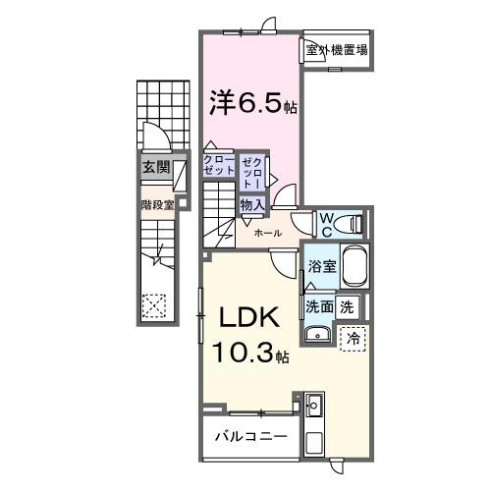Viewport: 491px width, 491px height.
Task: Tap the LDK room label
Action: pos(244,321)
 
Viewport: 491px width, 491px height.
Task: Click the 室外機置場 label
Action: pos(336,50)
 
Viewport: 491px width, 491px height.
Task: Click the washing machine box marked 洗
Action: pos(347,305)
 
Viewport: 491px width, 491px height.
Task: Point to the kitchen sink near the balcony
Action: pos(315,405)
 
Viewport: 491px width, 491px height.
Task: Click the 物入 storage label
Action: pos(250,205)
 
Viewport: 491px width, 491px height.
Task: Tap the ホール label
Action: pos(267,234)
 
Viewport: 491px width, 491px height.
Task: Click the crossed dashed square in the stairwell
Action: pos(154,304)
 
